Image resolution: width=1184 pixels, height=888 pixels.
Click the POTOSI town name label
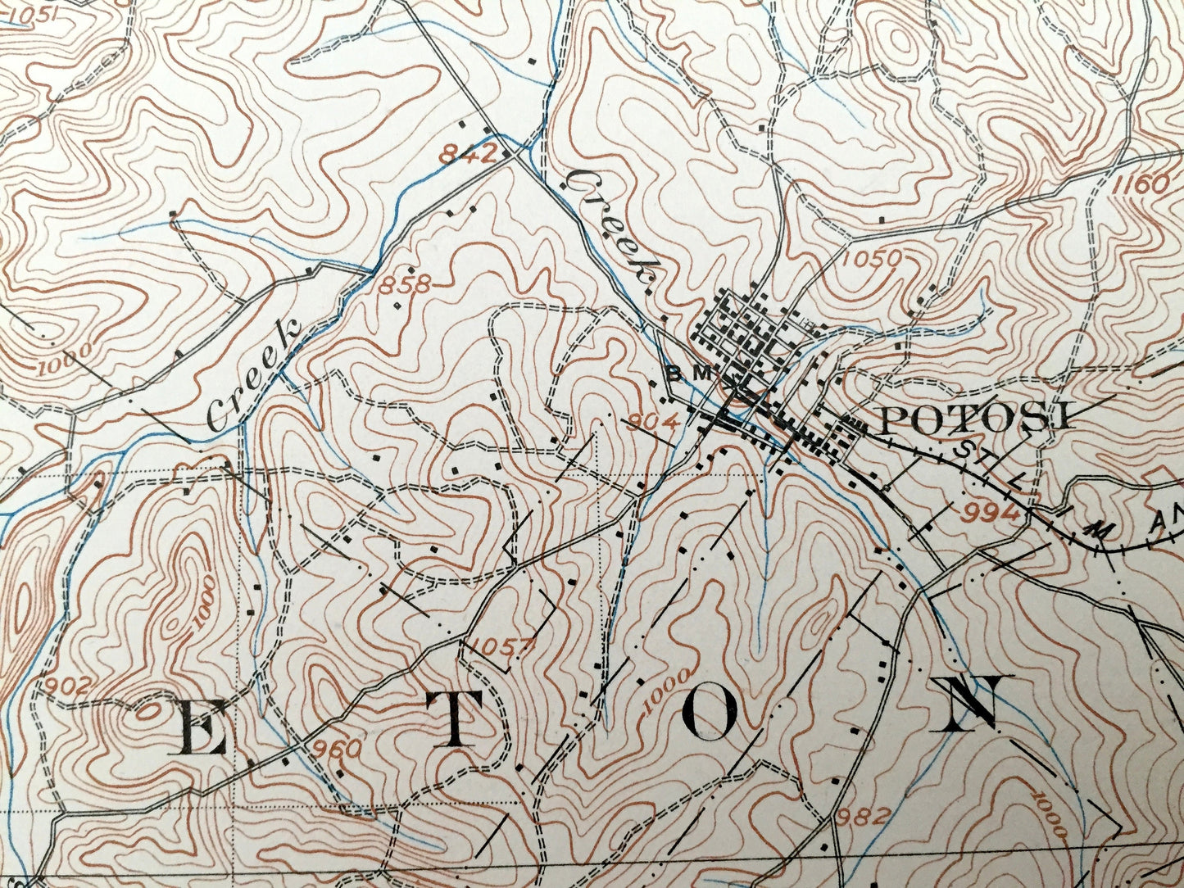coord(975,419)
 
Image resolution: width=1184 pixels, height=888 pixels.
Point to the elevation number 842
coord(469,152)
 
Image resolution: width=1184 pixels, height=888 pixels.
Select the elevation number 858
coord(405,285)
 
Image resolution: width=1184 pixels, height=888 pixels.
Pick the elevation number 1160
coord(1142,183)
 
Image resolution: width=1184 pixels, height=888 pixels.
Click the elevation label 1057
coord(503,646)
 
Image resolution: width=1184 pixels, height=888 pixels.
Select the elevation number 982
coord(864,815)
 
